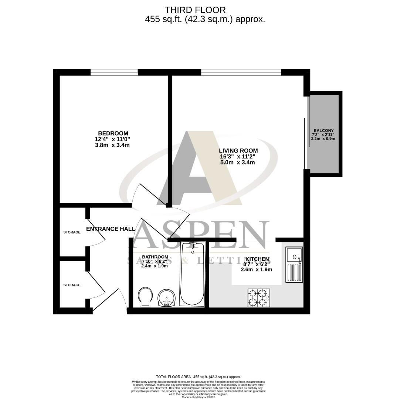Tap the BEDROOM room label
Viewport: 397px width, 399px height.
click(x=113, y=133)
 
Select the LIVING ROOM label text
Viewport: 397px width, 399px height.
click(x=238, y=151)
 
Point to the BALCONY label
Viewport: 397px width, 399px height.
click(x=323, y=130)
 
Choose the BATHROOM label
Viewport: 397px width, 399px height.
click(x=155, y=257)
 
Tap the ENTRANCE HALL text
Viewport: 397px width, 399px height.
click(x=111, y=229)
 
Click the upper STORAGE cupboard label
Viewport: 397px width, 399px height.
click(x=72, y=232)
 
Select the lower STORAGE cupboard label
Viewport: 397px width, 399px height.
click(x=72, y=285)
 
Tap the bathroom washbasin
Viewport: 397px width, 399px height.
click(x=167, y=298)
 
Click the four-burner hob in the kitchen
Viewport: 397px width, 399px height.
click(x=258, y=298)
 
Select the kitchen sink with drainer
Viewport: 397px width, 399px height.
click(x=294, y=265)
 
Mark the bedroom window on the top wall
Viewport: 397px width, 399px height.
click(x=114, y=72)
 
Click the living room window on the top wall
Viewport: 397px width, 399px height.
click(x=241, y=72)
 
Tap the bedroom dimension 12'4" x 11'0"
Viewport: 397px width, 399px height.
click(x=112, y=139)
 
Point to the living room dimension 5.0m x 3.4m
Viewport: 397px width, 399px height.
click(x=238, y=163)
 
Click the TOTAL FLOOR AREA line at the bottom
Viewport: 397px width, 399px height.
click(x=198, y=377)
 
